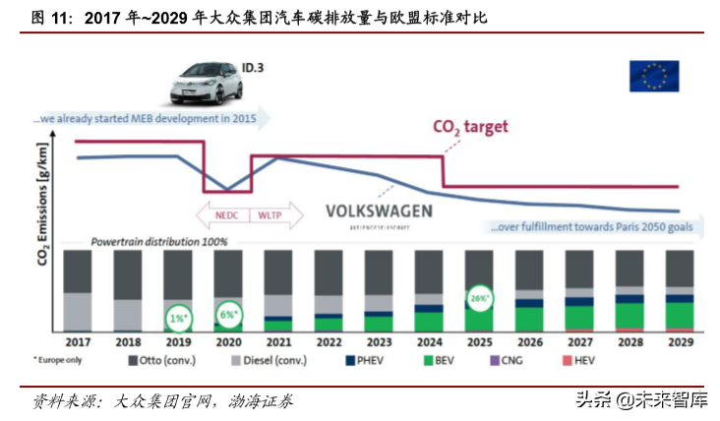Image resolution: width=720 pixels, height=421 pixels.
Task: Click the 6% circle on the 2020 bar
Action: pos(229,316)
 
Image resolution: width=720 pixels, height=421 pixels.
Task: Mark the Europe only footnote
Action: pos(64,361)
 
